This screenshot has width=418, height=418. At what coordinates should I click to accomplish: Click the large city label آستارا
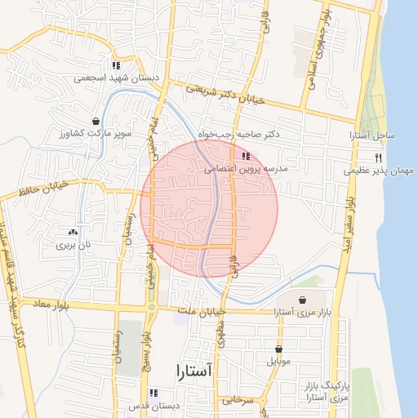tap(193, 372)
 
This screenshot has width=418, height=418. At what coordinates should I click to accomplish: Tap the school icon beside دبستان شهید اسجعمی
tap(116, 66)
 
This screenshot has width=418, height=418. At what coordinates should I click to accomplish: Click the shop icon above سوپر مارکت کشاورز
tap(96, 121)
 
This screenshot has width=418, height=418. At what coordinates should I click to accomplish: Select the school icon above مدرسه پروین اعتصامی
tap(247, 156)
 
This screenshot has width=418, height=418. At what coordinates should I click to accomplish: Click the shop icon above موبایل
tap(278, 349)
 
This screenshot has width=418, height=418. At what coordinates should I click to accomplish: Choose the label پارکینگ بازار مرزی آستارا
tap(327, 390)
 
